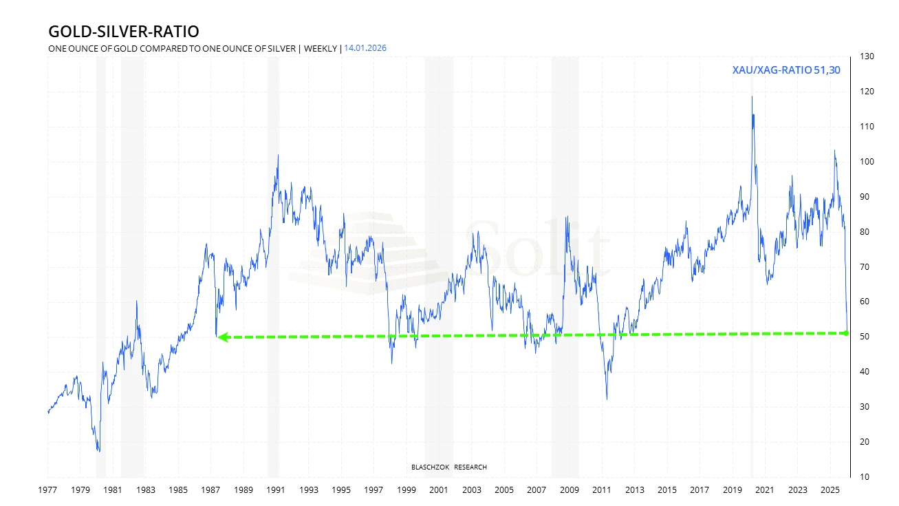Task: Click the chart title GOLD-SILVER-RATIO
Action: pos(124,32)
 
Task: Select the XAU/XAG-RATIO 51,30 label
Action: pos(786,70)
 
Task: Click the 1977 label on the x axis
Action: pos(47,490)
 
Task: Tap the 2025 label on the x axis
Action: pos(830,490)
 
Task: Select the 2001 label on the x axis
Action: pos(439,490)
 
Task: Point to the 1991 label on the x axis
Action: pos(276,490)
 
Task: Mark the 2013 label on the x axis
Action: pos(634,490)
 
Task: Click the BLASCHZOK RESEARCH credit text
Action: pos(448,467)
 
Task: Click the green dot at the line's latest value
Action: pos(845,333)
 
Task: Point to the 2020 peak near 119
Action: pos(752,96)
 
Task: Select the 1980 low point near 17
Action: pos(99,451)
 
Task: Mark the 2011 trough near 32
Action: pos(607,399)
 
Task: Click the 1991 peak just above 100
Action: pos(278,155)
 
